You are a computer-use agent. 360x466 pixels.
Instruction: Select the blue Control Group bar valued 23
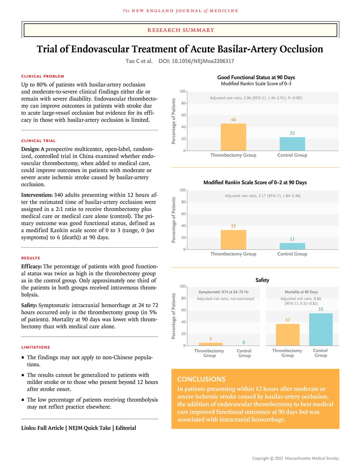coord(292,144)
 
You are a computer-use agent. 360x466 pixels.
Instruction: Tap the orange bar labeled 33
coord(233,240)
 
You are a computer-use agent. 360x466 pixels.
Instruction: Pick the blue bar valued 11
coord(292,246)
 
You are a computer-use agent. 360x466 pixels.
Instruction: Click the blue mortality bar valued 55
coord(321,329)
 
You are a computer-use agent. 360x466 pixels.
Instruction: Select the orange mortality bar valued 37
coord(287,335)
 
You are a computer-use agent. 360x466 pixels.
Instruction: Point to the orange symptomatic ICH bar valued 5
coord(210,344)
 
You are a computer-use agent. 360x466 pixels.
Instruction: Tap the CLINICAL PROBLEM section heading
coord(43,77)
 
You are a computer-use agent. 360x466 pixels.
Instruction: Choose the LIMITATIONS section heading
coord(35,347)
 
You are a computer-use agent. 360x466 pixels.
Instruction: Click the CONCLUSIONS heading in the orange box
coord(201,379)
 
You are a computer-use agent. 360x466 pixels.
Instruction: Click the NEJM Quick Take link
coord(87,428)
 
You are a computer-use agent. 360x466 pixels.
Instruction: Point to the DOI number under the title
coord(197,61)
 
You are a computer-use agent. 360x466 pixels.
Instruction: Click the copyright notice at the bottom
coord(296,458)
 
